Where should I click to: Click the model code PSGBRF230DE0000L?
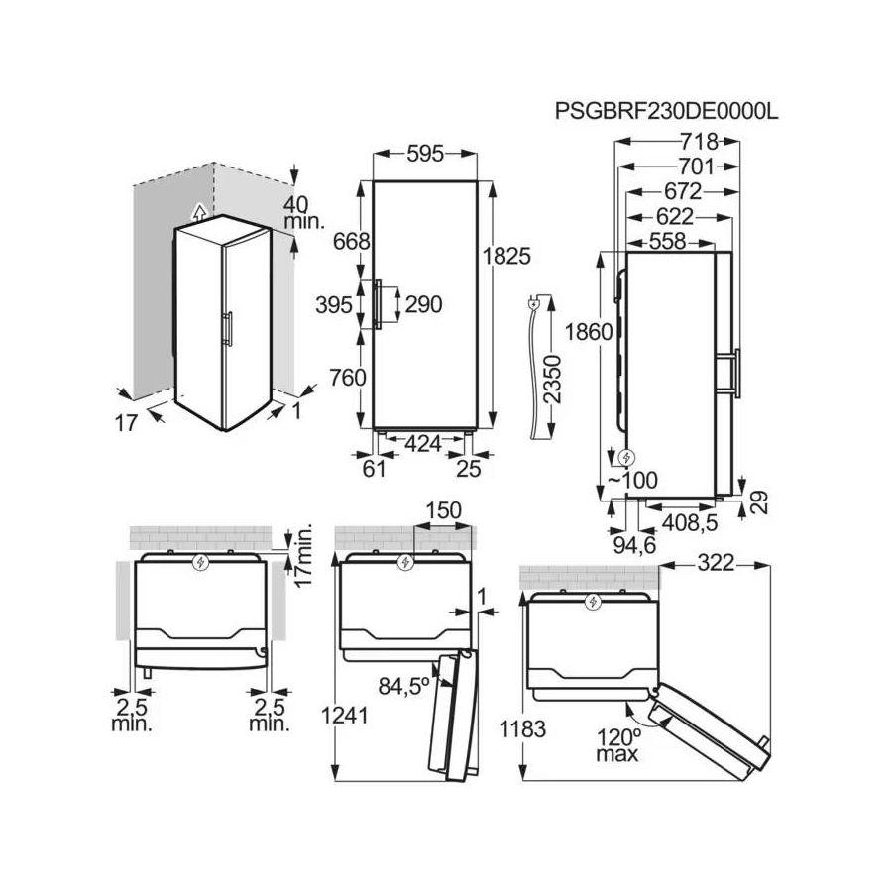[x=666, y=111]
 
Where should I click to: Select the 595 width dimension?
[x=424, y=154]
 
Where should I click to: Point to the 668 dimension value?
[x=351, y=241]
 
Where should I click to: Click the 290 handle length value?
[x=423, y=305]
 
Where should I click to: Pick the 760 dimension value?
[x=351, y=377]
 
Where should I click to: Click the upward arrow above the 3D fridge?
[x=198, y=211]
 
